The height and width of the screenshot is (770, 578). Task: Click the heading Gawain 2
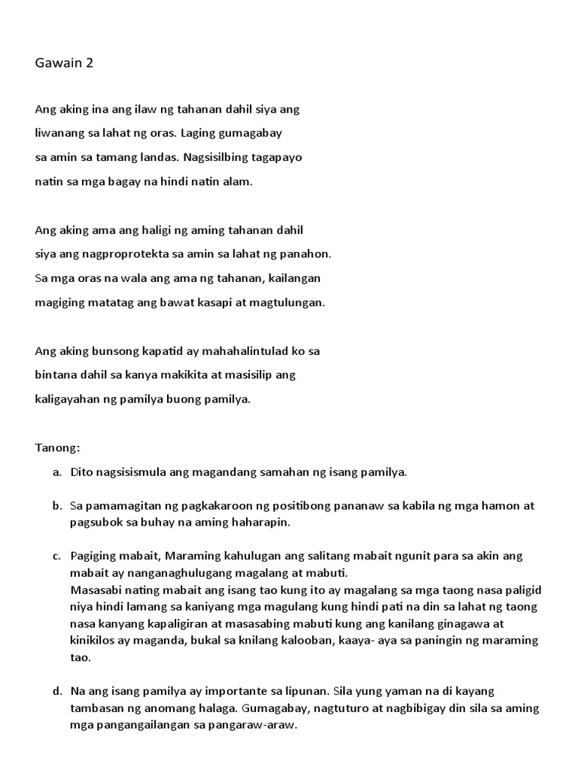click(x=64, y=63)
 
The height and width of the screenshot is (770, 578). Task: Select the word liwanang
click(x=59, y=133)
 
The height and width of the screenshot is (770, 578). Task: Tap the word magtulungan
click(x=289, y=302)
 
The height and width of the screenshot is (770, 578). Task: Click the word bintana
click(x=55, y=374)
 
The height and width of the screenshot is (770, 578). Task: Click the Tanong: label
click(x=57, y=448)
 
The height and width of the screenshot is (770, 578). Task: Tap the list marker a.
click(x=56, y=472)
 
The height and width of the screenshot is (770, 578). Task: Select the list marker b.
click(x=56, y=506)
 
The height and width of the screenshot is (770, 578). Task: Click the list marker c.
click(x=56, y=556)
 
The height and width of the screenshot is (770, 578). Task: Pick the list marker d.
click(x=56, y=690)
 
